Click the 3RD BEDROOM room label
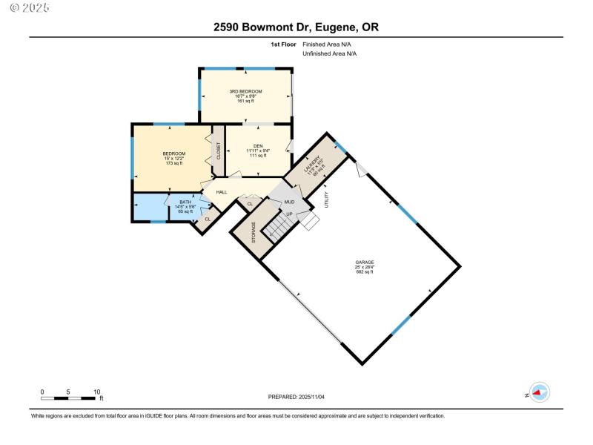click(x=245, y=91)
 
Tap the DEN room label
click(x=258, y=145)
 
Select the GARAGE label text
click(x=364, y=262)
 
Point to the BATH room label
click(x=185, y=201)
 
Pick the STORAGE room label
click(x=254, y=233)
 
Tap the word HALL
click(x=222, y=192)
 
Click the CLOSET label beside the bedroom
click(x=219, y=151)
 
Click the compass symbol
click(x=540, y=393)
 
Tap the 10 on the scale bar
click(x=96, y=392)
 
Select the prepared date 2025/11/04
click(x=296, y=398)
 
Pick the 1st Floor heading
click(x=283, y=44)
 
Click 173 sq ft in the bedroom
click(x=173, y=162)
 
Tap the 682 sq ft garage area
click(x=364, y=271)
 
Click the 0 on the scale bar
click(x=42, y=392)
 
